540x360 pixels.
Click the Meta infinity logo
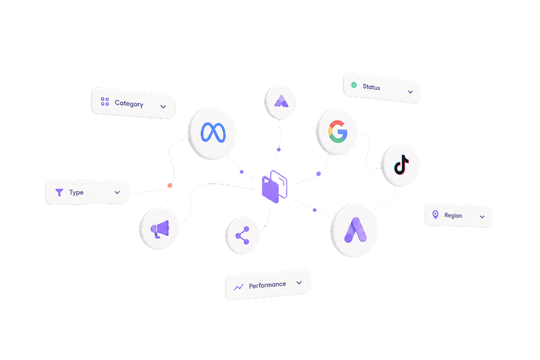[x=213, y=132]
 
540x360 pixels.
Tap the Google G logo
[x=338, y=131]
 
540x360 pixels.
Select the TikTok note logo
[x=401, y=165]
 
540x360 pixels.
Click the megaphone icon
[x=160, y=229]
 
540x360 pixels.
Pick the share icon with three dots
[x=243, y=235]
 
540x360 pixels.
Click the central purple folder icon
[x=275, y=186]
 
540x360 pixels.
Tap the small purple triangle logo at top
[x=281, y=101]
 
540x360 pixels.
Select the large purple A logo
[x=355, y=230]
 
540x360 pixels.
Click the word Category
[x=129, y=103]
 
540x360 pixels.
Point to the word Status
[x=371, y=86]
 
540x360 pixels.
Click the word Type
[x=76, y=192]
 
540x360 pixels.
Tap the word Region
[x=453, y=215]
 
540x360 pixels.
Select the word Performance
[x=267, y=285]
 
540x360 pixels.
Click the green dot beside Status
[x=354, y=84]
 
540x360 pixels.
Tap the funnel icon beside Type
[x=59, y=192]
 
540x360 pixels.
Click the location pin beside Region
[x=435, y=215]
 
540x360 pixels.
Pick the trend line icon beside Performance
[x=239, y=287]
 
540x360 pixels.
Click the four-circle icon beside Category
[x=105, y=101]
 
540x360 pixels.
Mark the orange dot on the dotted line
[x=170, y=185]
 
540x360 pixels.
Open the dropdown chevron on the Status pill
[x=410, y=92]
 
